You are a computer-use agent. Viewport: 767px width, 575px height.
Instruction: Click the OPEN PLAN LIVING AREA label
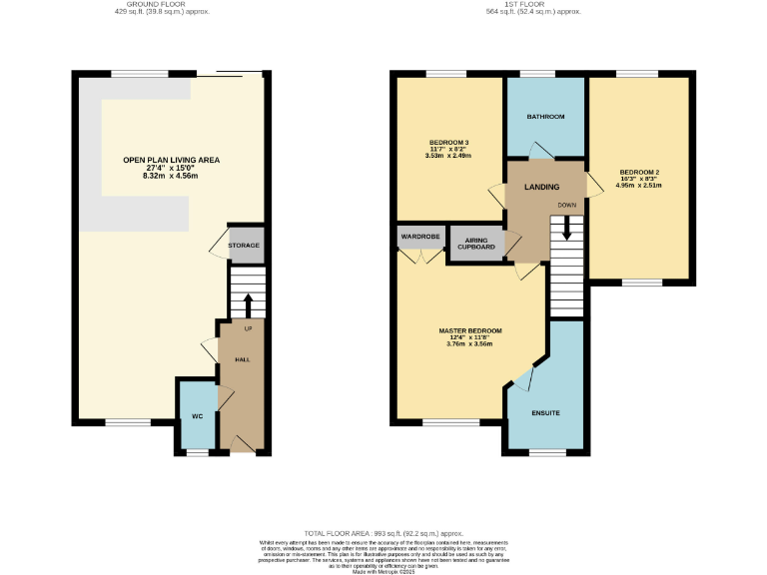coord(171,160)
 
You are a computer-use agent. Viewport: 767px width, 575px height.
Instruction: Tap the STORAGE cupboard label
coord(244,246)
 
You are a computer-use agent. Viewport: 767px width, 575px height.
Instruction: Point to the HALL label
coord(242,359)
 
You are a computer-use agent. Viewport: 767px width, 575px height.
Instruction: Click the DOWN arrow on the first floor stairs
coord(567,229)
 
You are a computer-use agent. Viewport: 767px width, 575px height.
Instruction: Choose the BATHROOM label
coord(545,117)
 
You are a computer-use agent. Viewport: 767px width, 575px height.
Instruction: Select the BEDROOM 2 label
coord(639,170)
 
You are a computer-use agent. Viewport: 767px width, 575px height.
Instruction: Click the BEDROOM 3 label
coord(449,142)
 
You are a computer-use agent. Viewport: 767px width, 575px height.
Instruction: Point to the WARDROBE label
coord(419,237)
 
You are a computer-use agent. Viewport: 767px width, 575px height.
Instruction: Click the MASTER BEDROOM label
coord(469,330)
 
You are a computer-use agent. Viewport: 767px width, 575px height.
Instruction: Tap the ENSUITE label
coord(545,412)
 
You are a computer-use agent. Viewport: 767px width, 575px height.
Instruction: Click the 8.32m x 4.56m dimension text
coord(171,176)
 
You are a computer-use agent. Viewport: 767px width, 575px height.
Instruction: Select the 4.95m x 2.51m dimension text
coord(639,185)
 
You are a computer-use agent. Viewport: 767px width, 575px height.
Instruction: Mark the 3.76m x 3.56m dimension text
coord(469,344)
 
